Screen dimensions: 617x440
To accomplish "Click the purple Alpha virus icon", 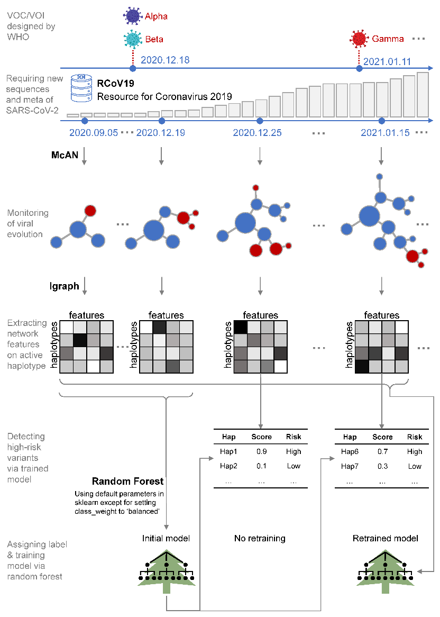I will click(132, 16).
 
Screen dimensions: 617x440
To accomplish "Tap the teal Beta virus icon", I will click(132, 39).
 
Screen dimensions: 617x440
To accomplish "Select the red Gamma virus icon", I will click(360, 39).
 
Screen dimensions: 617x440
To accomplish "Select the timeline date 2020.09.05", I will click(94, 133).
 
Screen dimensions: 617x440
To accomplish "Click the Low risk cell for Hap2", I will click(294, 466).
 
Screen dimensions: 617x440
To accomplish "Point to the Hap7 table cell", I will click(350, 466).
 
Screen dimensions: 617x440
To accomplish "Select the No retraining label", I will click(260, 539).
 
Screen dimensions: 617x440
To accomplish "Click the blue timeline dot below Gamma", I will click(360, 68).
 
